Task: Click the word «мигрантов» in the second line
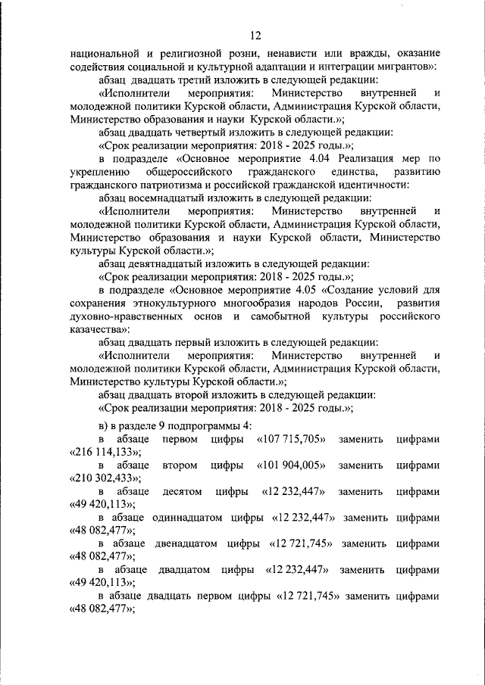click(400, 67)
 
